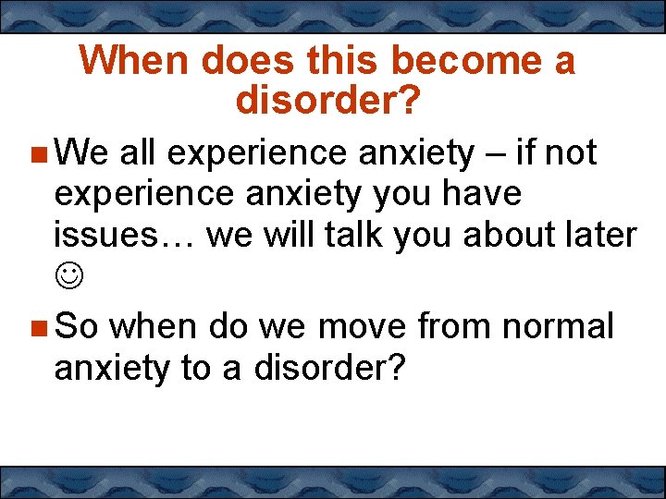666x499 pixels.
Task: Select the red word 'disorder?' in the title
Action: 328,101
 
